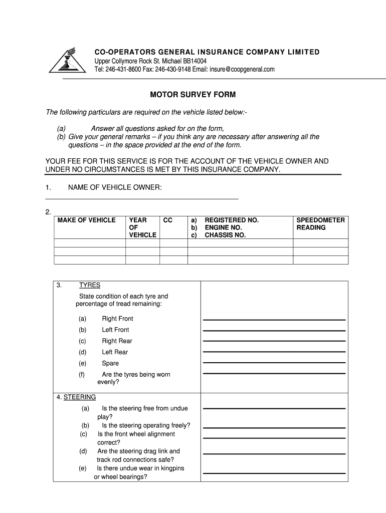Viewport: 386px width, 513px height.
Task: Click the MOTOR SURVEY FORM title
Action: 193,95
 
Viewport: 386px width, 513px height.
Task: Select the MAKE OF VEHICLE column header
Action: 87,220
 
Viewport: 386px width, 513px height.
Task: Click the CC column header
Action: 168,220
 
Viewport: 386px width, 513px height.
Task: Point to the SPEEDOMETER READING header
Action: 320,224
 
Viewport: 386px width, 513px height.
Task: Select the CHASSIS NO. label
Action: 225,235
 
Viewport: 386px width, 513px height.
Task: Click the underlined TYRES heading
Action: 90,286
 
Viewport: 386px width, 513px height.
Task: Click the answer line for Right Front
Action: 274,319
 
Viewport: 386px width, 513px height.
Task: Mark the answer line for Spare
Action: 274,362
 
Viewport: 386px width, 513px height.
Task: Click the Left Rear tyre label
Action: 115,352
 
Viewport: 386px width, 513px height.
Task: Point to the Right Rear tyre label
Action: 117,341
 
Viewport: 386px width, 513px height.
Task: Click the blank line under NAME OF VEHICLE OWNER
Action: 142,198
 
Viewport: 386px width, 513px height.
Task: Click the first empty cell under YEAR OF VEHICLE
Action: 142,243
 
